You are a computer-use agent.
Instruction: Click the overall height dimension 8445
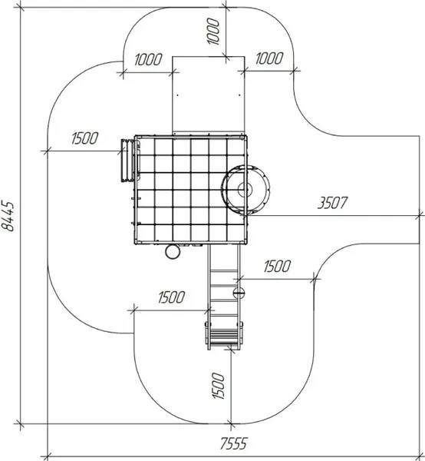[8, 217]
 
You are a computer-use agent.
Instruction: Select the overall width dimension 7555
[234, 443]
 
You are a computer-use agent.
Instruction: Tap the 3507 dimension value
[332, 203]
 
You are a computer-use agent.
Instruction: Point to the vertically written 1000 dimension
[213, 32]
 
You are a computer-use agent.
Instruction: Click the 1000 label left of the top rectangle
[148, 59]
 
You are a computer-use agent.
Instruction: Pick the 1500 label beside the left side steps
[85, 138]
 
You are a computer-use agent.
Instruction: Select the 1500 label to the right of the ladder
[277, 266]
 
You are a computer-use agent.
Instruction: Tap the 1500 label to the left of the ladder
[171, 297]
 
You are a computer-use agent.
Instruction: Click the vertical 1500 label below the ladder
[218, 386]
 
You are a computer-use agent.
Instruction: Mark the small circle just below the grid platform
[173, 252]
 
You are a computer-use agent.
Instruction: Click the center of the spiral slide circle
[245, 189]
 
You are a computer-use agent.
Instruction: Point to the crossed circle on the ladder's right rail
[239, 293]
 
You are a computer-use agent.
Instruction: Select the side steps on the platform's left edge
[127, 161]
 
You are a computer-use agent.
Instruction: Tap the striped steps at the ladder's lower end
[224, 337]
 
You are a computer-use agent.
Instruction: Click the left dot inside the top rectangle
[177, 95]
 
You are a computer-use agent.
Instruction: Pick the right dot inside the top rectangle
[239, 95]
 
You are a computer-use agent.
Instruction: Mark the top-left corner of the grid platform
[135, 136]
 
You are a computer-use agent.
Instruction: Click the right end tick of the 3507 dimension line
[420, 215]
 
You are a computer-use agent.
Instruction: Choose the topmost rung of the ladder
[224, 270]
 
